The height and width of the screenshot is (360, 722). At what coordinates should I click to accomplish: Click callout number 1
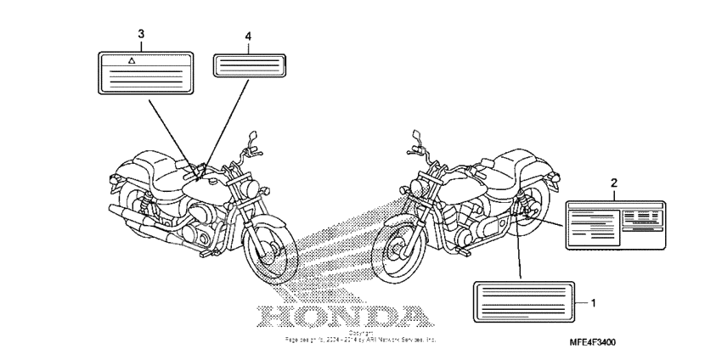593,302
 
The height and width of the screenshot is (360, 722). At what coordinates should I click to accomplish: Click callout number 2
613,182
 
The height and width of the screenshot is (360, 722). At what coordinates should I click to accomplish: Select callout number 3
141,34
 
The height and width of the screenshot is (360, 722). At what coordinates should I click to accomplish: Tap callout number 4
248,37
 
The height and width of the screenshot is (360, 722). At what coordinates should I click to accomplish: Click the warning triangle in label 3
131,61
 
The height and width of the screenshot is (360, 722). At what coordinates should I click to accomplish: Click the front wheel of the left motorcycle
271,251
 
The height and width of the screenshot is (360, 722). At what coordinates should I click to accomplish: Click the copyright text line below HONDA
361,339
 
